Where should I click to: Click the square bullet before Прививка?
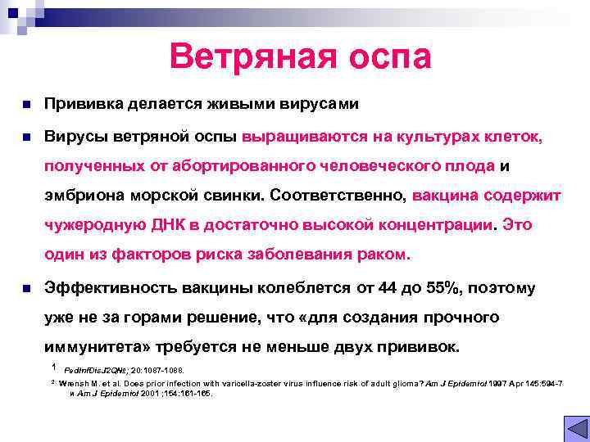click(26, 106)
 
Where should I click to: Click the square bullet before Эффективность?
click(26, 288)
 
